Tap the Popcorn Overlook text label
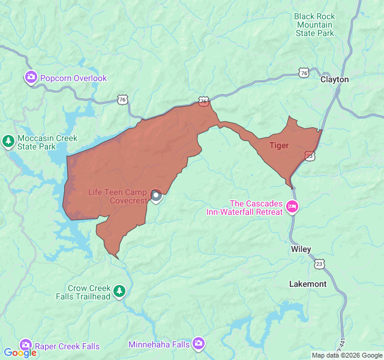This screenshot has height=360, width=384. tap(73, 78)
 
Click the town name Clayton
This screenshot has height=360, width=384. tap(334, 79)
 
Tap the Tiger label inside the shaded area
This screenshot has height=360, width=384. tap(279, 145)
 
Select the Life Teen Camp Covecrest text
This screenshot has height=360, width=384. tap(118, 196)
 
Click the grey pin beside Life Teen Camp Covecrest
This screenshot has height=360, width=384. tap(156, 196)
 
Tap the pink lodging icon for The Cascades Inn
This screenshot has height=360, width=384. tap(292, 207)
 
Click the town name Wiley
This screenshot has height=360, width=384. tap(301, 248)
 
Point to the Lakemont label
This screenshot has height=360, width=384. tap(308, 284)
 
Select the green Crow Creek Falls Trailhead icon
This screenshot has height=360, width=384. tap(120, 292)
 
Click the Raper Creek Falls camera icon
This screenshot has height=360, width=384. tap(25, 346)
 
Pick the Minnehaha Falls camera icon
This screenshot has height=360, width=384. tap(199, 344)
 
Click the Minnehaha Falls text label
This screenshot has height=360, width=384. tap(159, 344)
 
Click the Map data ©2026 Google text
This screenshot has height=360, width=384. tap(346, 355)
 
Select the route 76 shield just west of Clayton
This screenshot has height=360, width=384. tap(304, 73)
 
